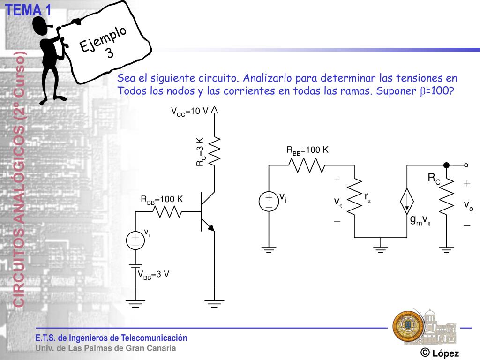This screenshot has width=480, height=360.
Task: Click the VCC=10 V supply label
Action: (x=189, y=112)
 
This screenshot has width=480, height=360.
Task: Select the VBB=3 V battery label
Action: (x=153, y=275)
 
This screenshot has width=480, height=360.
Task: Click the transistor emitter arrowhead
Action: (x=210, y=228)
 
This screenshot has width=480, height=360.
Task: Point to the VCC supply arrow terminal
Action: (x=215, y=110)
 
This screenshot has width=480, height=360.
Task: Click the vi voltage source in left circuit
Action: (x=135, y=240)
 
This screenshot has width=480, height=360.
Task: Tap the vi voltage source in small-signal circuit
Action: (x=269, y=201)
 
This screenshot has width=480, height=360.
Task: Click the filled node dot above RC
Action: (x=446, y=165)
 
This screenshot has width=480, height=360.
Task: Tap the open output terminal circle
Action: (x=466, y=165)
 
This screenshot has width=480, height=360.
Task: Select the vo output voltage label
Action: (x=468, y=205)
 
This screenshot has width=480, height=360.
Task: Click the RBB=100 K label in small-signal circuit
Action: (x=307, y=150)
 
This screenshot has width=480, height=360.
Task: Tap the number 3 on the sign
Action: (x=110, y=53)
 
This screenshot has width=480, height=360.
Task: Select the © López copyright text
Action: (x=439, y=353)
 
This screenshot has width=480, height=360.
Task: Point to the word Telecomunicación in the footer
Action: (x=154, y=338)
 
